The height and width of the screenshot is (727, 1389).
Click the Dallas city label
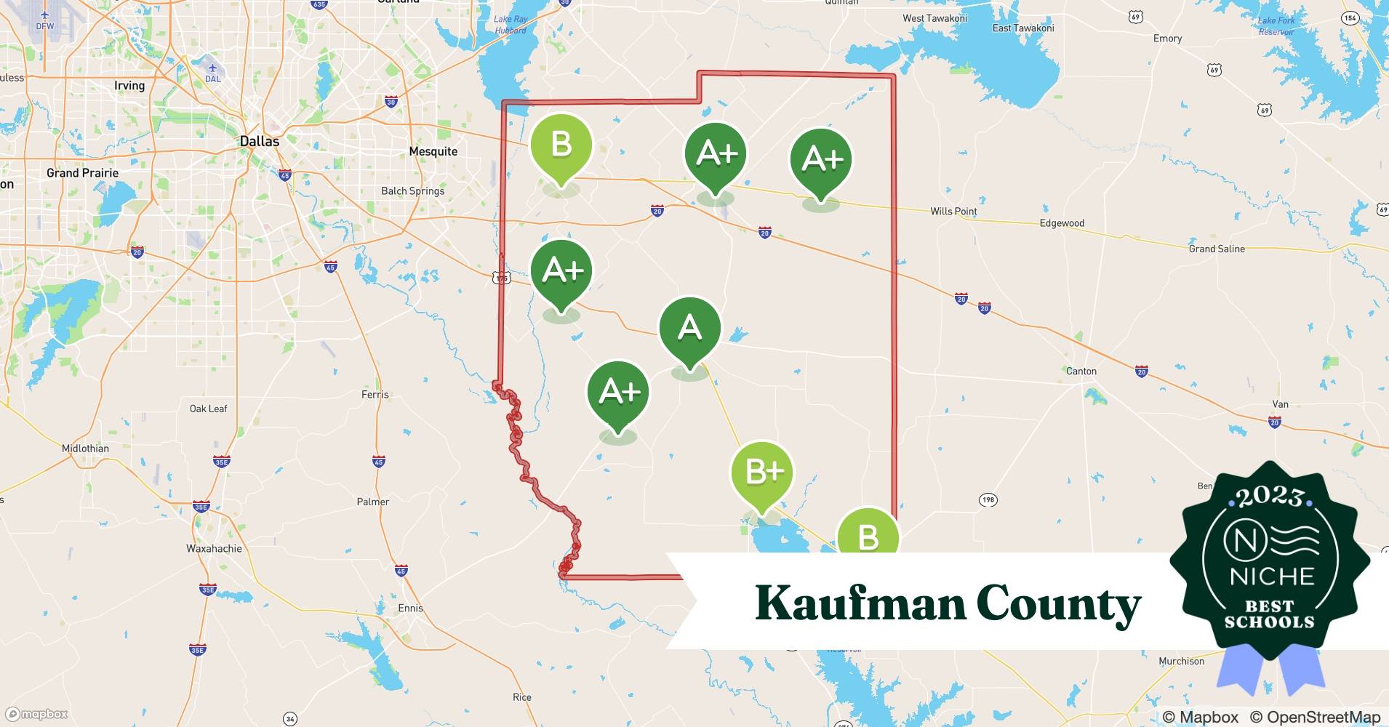coord(260,141)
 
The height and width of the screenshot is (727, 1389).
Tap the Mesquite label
coord(433,151)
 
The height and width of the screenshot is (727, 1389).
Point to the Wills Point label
coord(953,212)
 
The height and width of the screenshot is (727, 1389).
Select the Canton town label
coord(1081,371)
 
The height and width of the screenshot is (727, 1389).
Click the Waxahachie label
coord(214,548)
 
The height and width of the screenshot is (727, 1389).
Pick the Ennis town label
coord(410,608)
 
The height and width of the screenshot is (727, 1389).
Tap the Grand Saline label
coord(1217,249)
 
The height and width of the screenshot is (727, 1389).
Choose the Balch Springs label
coord(412,191)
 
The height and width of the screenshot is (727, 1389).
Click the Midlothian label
coord(85,449)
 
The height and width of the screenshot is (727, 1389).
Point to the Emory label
coord(1167,39)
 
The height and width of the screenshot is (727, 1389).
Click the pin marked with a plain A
coord(689,329)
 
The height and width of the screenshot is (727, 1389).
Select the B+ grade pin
coord(762,473)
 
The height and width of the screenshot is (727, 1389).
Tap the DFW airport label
coord(45,25)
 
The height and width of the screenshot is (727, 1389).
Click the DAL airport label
coord(212,79)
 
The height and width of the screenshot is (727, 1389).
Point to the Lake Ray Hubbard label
coord(511,25)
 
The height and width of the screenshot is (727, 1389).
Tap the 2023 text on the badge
coord(1270,497)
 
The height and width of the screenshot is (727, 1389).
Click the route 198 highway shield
coord(988,499)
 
